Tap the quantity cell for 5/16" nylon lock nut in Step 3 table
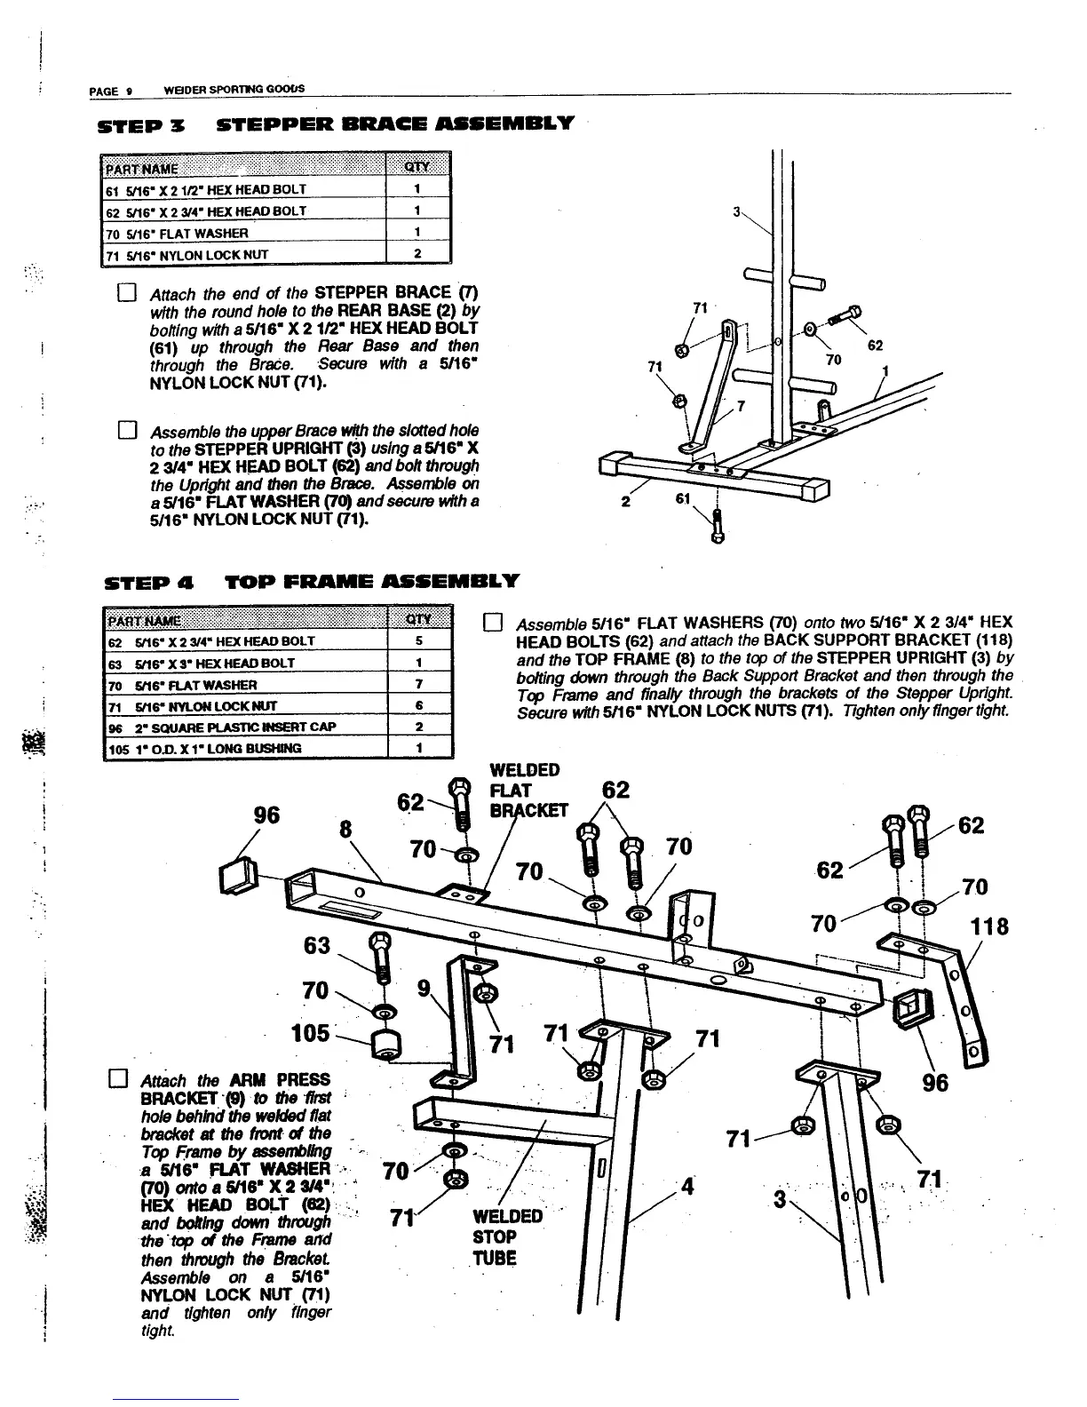pos(417,254)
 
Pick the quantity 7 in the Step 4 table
pos(417,684)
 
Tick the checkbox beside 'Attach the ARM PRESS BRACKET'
pos(113,1080)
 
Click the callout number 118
pos(988,927)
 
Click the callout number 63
pos(316,945)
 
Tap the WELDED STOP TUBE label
pos(507,1236)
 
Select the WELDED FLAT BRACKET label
pos(525,791)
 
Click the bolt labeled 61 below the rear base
pos(717,526)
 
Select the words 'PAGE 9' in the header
pos(111,90)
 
